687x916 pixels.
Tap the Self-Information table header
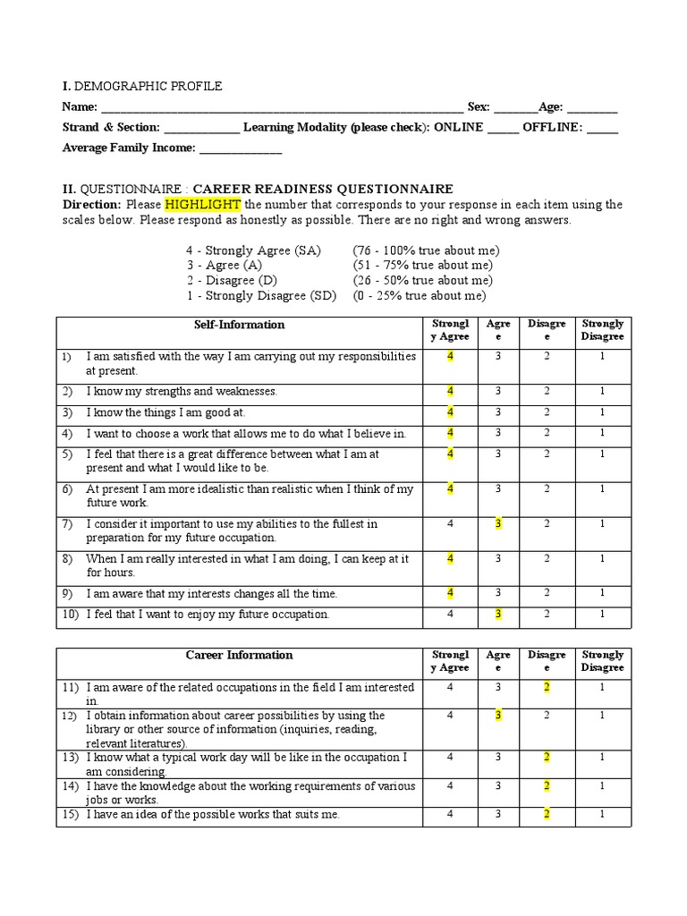pyautogui.click(x=239, y=325)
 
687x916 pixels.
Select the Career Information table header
pyautogui.click(x=239, y=656)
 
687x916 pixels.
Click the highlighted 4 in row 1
pyautogui.click(x=451, y=356)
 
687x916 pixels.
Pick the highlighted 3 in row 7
pyautogui.click(x=498, y=524)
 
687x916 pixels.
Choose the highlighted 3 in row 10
pyautogui.click(x=498, y=614)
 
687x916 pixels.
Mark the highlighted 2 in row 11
pyautogui.click(x=546, y=687)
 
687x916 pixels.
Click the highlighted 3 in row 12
pyautogui.click(x=498, y=716)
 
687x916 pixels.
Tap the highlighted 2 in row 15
pyautogui.click(x=546, y=814)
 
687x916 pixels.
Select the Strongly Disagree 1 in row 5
pyautogui.click(x=602, y=454)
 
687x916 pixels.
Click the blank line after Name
pyautogui.click(x=282, y=107)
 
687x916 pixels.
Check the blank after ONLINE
pyautogui.click(x=503, y=128)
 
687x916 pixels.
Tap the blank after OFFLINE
pyautogui.click(x=602, y=128)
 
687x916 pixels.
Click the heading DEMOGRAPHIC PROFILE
pyautogui.click(x=148, y=86)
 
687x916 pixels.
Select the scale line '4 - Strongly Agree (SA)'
pyautogui.click(x=253, y=250)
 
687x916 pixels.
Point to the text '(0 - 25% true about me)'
pyautogui.click(x=420, y=295)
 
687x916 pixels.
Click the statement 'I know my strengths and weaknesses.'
pyautogui.click(x=182, y=392)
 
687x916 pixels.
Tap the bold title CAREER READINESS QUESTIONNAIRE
pyautogui.click(x=323, y=189)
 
